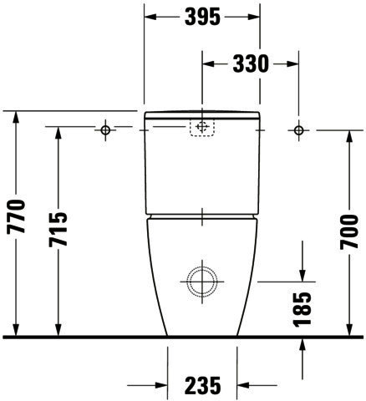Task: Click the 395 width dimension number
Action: (202, 17)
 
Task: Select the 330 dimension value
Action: (251, 64)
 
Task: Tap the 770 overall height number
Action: (16, 216)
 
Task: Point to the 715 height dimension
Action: (58, 229)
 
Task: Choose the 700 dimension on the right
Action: (349, 231)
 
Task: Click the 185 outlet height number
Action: (302, 309)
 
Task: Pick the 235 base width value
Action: (202, 386)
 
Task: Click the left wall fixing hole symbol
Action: (105, 129)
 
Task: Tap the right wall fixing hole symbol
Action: (299, 130)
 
